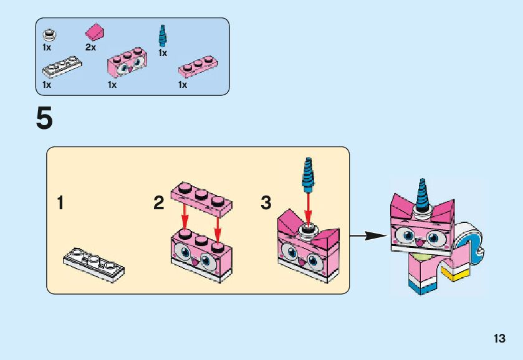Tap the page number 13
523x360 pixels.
click(499, 339)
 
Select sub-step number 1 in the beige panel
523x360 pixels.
click(60, 203)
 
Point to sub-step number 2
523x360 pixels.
click(159, 203)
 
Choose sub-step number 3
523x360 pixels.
click(266, 203)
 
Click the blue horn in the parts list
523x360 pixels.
click(163, 36)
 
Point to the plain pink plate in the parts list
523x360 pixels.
click(197, 67)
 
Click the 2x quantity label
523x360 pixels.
click(90, 47)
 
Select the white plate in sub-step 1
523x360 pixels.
click(94, 264)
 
